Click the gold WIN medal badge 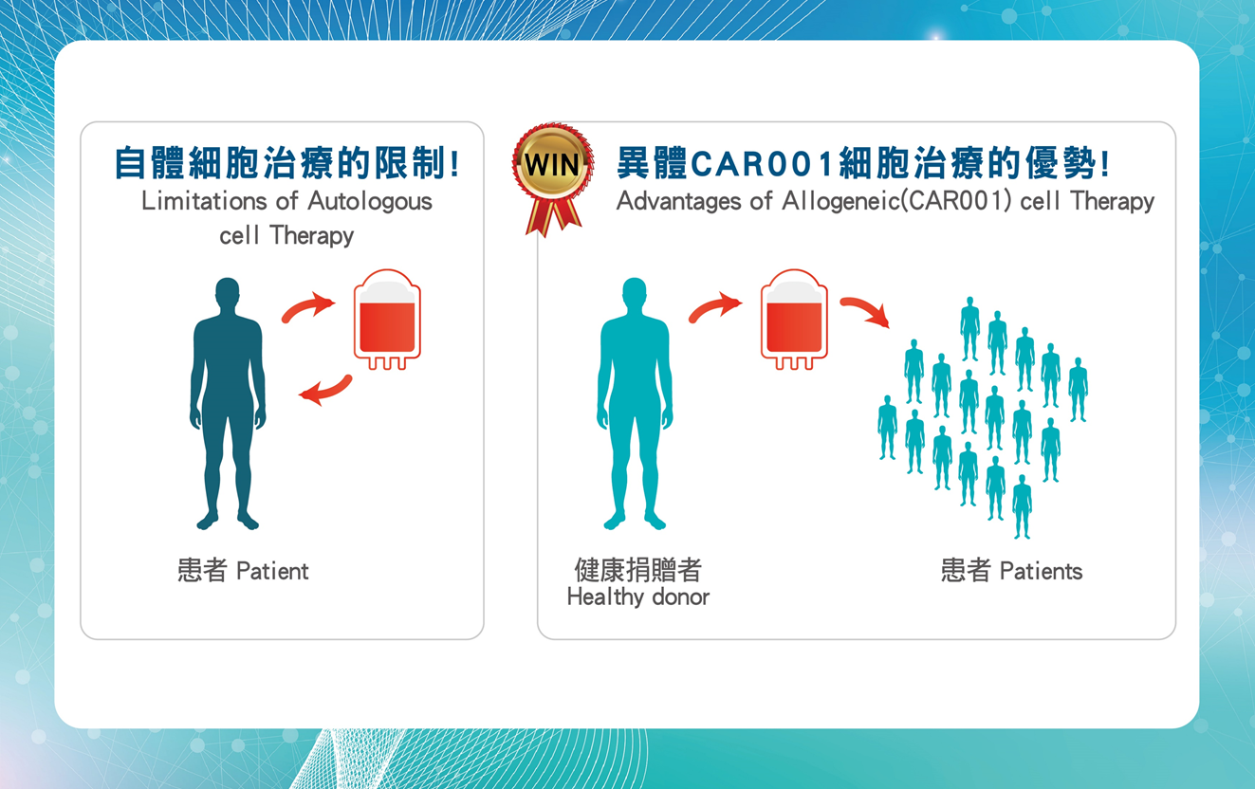coord(552,163)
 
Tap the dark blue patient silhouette coord(228,403)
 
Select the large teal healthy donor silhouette coord(635,403)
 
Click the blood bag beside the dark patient coord(387,320)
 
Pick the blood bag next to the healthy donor coord(794,320)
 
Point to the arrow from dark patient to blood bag coord(307,307)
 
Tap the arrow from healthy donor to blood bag coord(714,307)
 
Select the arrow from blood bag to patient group coord(866,311)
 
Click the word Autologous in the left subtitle coord(370,202)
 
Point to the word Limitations coord(205,200)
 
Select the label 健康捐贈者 coord(638,570)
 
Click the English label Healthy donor coord(638,596)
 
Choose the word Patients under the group coord(1041,571)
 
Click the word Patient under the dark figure coord(272,571)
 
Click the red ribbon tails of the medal coord(554,217)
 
